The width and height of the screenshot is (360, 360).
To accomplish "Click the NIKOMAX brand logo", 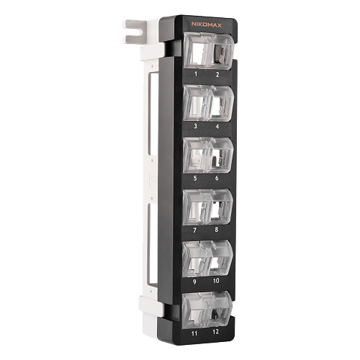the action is tap(207, 24).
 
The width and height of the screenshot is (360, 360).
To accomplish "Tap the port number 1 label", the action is tap(196, 74).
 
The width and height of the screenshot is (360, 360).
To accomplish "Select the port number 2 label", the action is tap(217, 75).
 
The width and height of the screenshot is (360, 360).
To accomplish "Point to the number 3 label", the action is tap(195, 126).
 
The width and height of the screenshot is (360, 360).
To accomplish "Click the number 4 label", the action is tap(217, 127).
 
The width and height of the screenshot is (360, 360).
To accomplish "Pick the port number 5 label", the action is tap(195, 178).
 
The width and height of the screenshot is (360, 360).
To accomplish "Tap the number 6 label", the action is tap(217, 178).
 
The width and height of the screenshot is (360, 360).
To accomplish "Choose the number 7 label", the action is tap(194, 230).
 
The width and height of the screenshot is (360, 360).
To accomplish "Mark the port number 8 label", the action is tap(217, 230).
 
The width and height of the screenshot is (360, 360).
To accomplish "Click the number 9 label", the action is tap(194, 282).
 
